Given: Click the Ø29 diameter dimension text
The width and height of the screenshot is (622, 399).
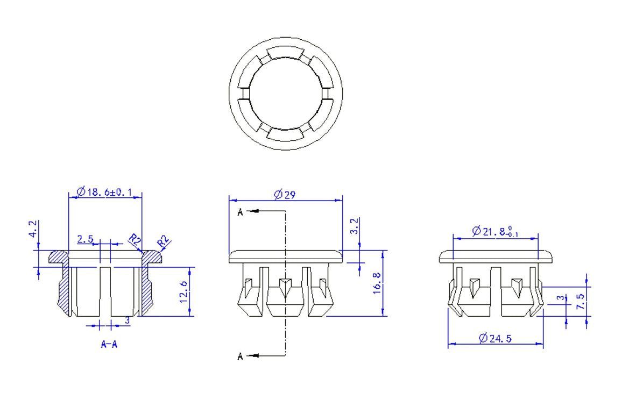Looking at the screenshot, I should click(285, 194).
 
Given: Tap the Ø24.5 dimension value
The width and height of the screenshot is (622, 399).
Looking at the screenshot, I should click(495, 338).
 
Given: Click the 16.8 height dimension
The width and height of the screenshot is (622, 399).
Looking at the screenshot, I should click(377, 282).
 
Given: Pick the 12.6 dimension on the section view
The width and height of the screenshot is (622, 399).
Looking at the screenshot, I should click(185, 291).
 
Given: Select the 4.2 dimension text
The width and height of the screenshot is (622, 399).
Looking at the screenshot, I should click(33, 230).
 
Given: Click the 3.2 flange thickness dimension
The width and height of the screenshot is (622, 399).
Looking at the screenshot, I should click(354, 226).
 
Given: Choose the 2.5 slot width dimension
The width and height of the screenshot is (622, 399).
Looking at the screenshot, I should click(85, 239).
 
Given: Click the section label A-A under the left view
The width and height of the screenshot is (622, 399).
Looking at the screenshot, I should click(109, 344).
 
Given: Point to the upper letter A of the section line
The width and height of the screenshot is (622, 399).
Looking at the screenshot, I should click(241, 212).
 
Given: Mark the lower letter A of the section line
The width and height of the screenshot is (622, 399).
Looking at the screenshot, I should click(241, 356).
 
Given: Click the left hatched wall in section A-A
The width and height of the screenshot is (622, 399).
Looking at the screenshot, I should click(65, 290).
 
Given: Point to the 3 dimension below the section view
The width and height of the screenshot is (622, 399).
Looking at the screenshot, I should click(127, 320).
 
